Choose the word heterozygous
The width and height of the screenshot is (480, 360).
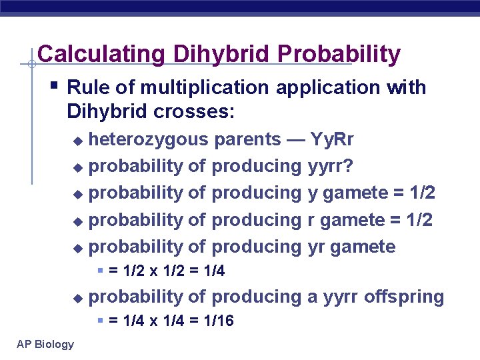[x=149, y=139]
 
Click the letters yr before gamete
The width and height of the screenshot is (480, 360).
[x=317, y=247]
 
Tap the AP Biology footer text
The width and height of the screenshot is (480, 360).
[x=46, y=344]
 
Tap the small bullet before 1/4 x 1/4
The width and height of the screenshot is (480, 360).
[x=100, y=321]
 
